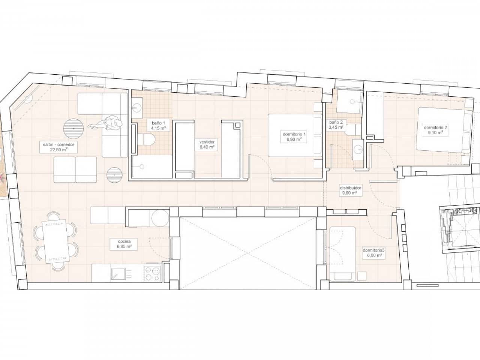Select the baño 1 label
pyautogui.click(x=158, y=123)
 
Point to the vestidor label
pyautogui.click(x=207, y=142)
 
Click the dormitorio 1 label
pyautogui.click(x=294, y=134)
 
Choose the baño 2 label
pyautogui.click(x=336, y=122)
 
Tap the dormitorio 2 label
pyautogui.click(x=435, y=127)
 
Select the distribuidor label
pyautogui.click(x=350, y=188)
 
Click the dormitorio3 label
pyautogui.click(x=372, y=250)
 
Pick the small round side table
pyautogui.click(x=114, y=174)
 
